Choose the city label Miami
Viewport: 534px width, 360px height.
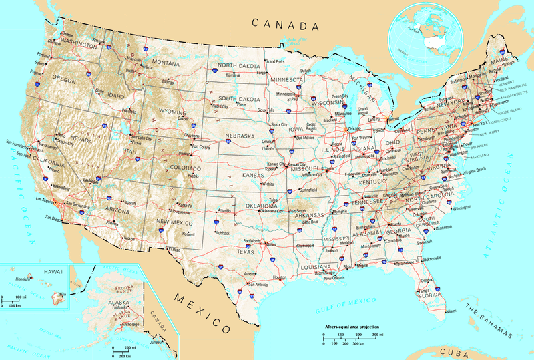451,312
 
